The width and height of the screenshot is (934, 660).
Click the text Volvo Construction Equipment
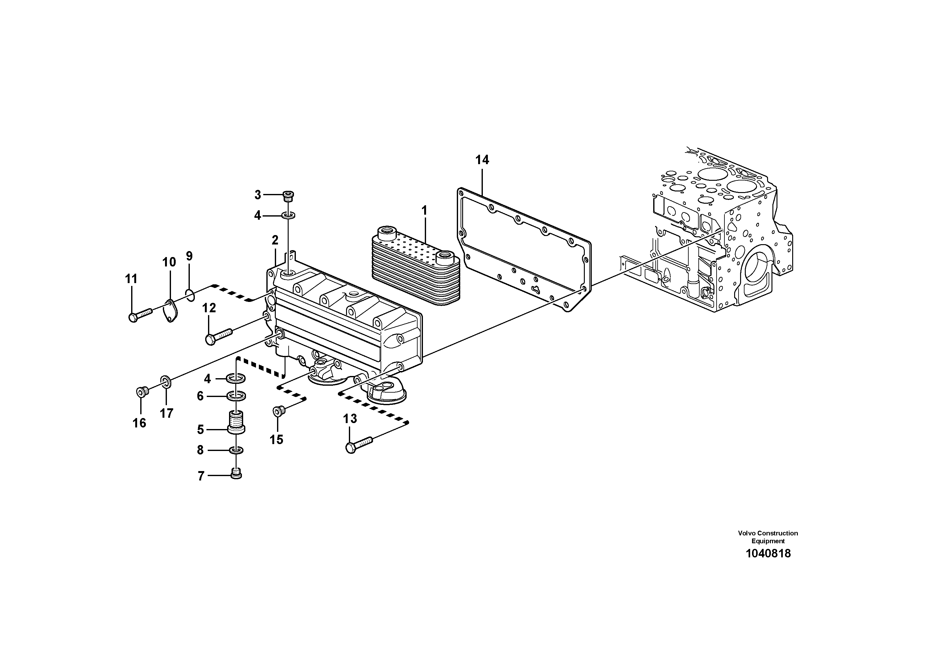tap(768, 537)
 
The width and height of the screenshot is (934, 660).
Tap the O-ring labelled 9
tap(189, 294)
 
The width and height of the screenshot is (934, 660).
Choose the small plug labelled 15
tap(279, 411)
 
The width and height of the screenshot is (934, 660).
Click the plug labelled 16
tap(141, 392)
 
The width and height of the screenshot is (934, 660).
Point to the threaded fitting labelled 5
tap(236, 422)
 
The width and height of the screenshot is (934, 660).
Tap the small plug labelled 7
tap(236, 474)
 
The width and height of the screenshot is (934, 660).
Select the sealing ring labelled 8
tap(236, 450)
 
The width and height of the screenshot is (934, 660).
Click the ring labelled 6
tap(236, 395)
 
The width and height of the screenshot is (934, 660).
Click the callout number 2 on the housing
tap(275, 240)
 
